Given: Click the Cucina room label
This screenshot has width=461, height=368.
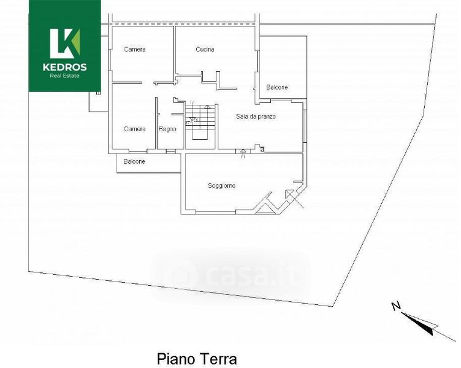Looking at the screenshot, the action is coord(205,49).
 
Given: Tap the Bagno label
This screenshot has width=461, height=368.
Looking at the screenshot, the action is coord(167,129).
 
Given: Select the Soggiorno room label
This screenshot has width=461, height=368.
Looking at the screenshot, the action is coord(222,186).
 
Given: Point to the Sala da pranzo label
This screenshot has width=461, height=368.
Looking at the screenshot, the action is coord(256,117).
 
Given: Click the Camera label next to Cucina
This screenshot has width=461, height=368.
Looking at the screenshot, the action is coord(135,49).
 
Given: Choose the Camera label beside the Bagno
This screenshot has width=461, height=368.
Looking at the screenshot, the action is coord(135,129).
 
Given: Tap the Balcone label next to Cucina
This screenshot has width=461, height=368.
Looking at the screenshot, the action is coord(277,87).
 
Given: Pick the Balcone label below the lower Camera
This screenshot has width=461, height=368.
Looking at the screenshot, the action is coord(134,161).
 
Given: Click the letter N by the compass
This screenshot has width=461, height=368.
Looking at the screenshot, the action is coord(396,306).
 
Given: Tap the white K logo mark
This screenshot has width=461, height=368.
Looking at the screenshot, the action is coord(64,44).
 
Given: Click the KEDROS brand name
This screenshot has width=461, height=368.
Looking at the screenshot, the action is coord(65,67).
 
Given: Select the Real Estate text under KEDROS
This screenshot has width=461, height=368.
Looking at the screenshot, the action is coord(65,76).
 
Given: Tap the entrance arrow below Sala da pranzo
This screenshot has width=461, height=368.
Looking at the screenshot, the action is coord(243,153).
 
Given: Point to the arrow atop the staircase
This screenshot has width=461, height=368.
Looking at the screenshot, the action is coord(208,107).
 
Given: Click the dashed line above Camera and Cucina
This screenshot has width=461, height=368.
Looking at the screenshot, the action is coord(183,24).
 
